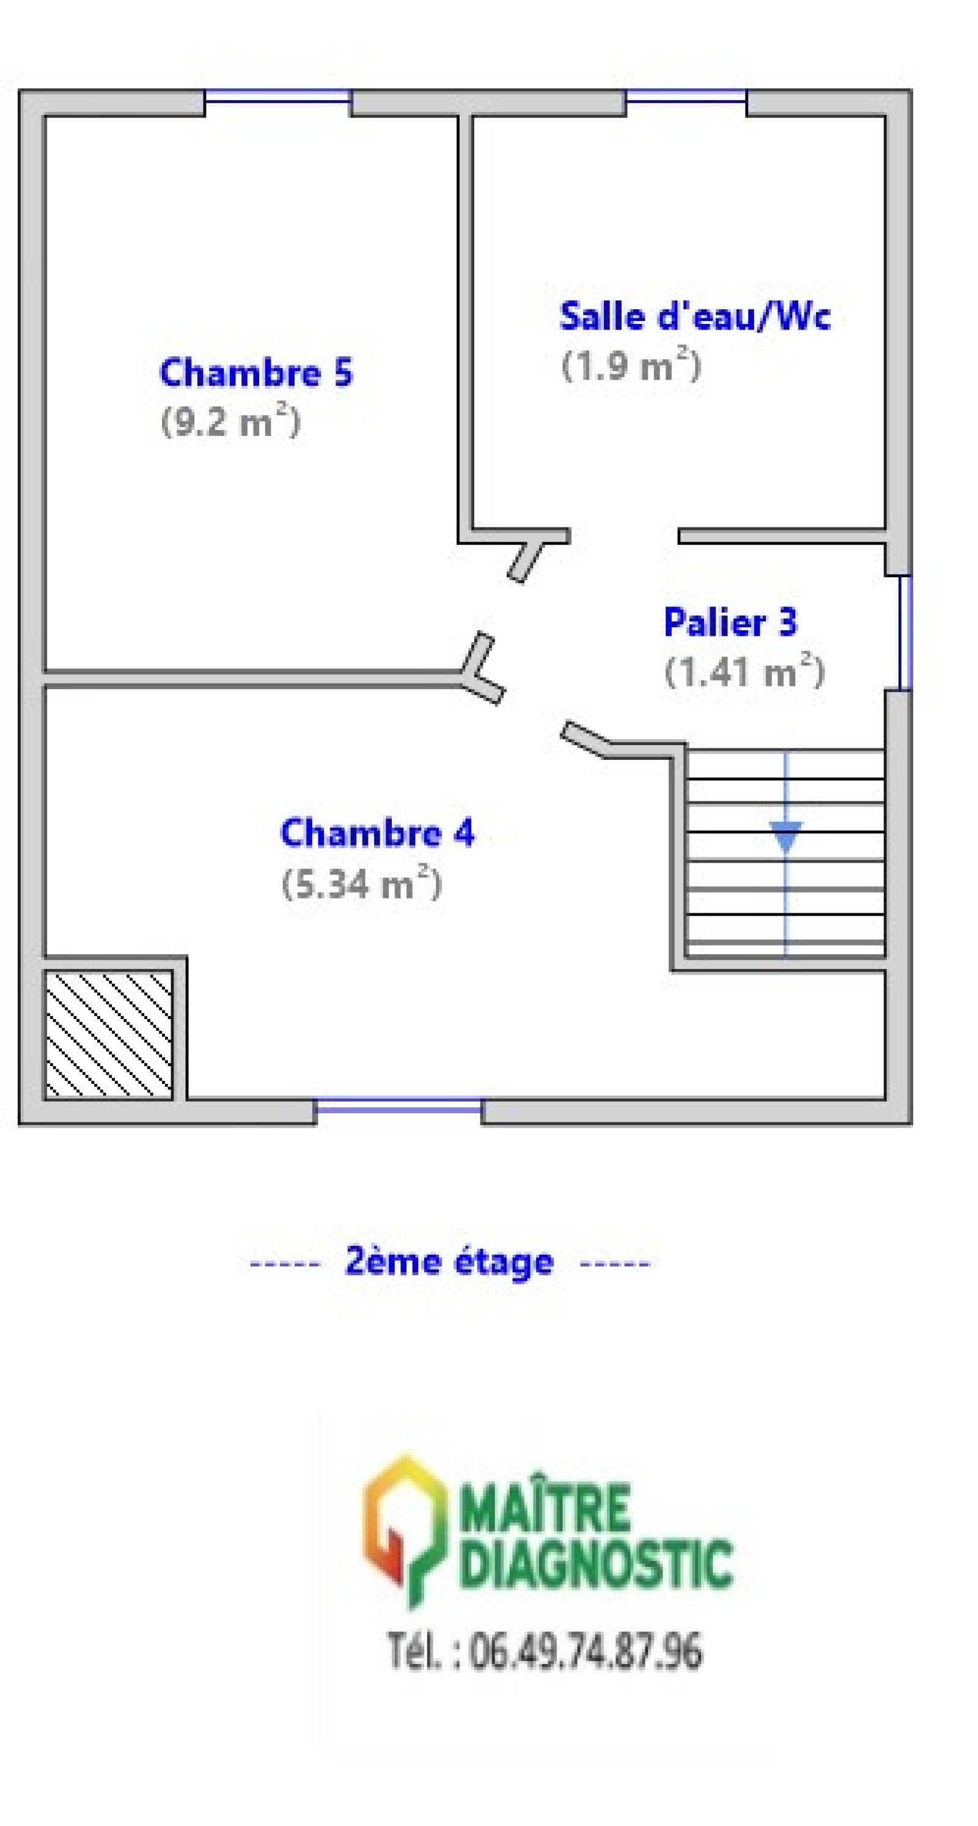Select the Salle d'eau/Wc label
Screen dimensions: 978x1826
tap(694, 316)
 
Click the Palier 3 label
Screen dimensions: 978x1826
tap(730, 622)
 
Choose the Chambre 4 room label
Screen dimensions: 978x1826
tap(378, 832)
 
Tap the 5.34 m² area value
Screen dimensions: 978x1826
tap(362, 883)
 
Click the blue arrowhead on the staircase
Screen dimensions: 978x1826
tap(786, 836)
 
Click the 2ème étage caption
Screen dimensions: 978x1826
tap(449, 1262)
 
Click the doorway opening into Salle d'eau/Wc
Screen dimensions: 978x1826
tap(624, 536)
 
